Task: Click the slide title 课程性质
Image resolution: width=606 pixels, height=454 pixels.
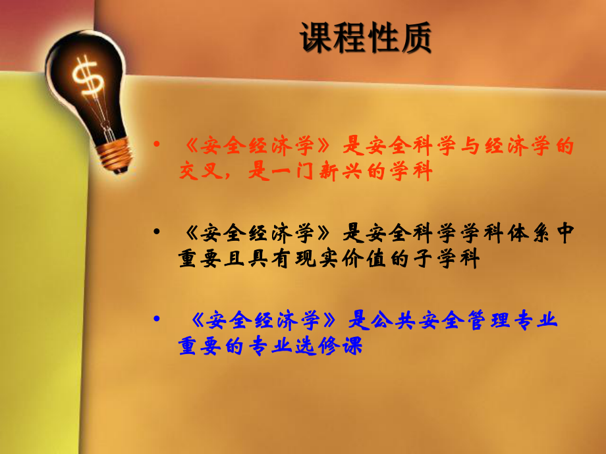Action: tap(366, 38)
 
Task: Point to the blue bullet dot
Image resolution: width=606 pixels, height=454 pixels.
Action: tap(156, 319)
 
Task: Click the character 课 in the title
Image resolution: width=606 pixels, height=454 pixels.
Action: tap(316, 38)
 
